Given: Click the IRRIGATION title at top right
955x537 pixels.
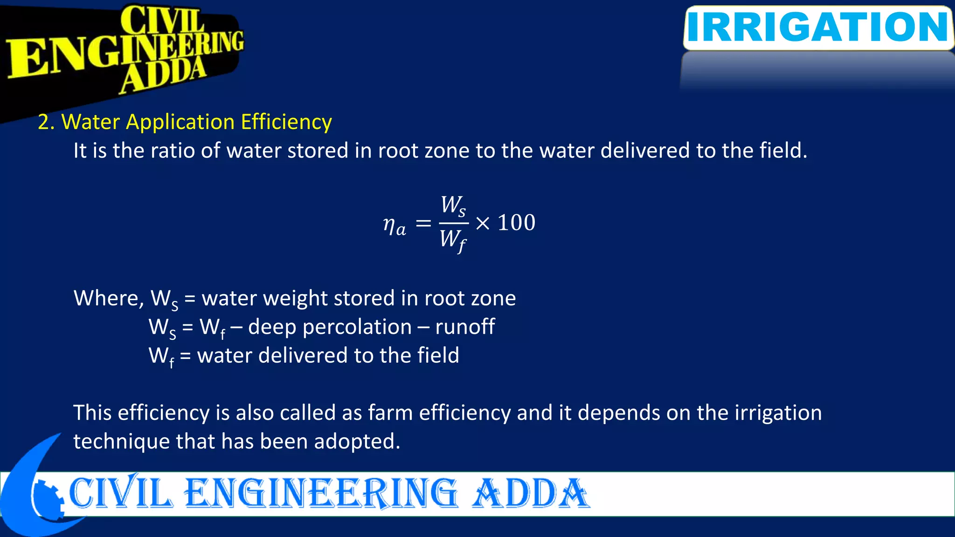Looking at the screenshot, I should click(818, 27).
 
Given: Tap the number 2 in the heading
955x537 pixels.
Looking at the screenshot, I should click(43, 122).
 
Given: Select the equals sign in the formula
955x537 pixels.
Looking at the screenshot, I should click(423, 224).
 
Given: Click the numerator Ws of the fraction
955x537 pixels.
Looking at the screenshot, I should click(453, 205).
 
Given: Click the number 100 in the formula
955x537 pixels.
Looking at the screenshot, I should click(517, 223).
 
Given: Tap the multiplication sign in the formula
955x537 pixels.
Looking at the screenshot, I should click(483, 224).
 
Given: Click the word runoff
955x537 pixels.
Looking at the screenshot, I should click(465, 327).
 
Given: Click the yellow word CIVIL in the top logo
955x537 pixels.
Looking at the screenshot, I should click(162, 21).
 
